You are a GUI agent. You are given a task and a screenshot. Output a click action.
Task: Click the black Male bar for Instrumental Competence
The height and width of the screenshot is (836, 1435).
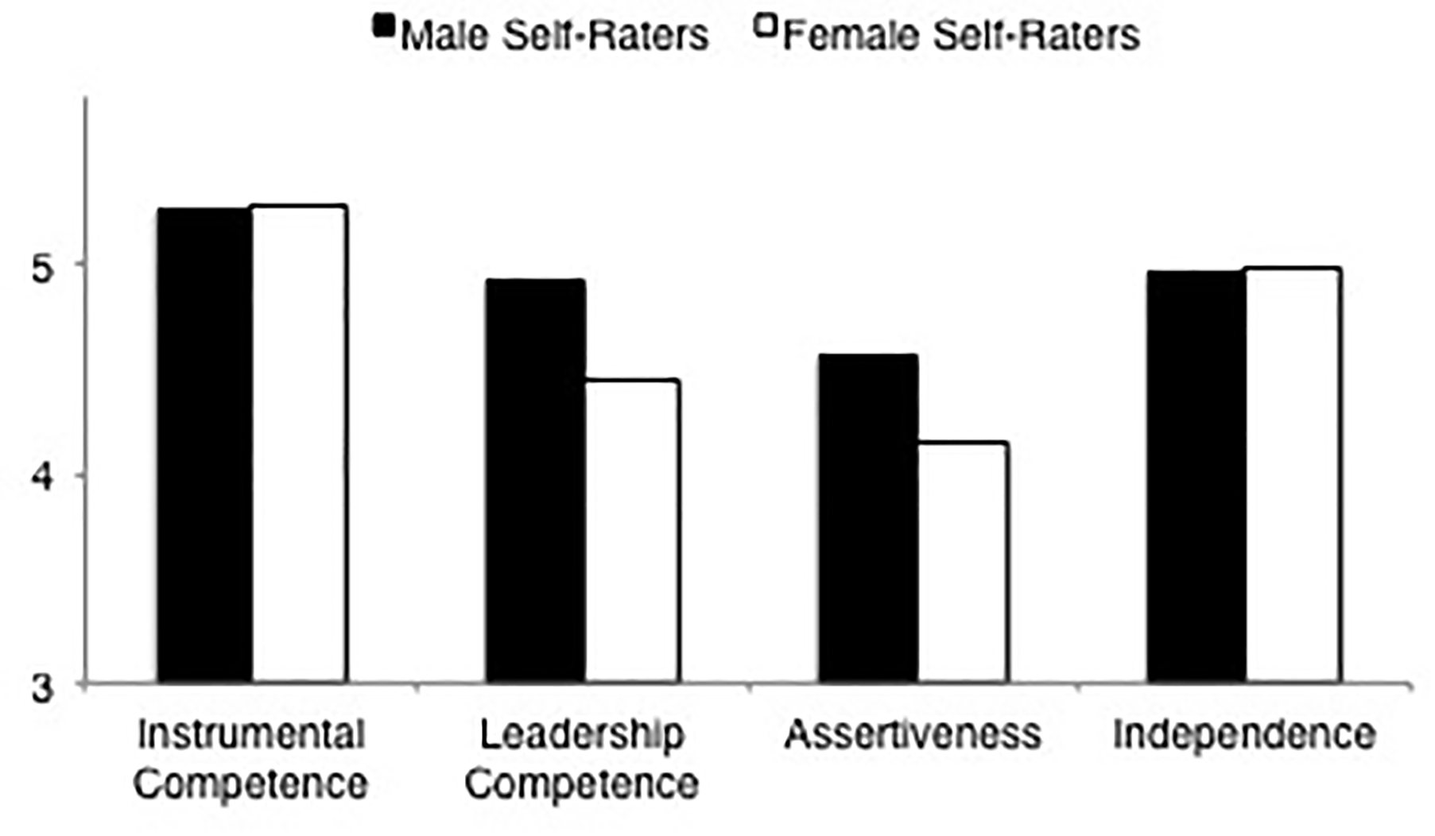tap(205, 445)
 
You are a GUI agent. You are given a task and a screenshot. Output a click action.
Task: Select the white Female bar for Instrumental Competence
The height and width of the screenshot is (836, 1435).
tap(300, 445)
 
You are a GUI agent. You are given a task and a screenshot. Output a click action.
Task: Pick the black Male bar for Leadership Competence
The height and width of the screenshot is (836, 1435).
tap(535, 481)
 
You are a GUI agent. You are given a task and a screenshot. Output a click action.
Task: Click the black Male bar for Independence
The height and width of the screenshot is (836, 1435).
tap(1196, 477)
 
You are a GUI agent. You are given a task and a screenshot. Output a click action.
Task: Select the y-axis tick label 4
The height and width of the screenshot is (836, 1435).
tap(42, 478)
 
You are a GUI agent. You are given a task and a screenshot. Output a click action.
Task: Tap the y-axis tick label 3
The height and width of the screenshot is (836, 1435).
tap(42, 688)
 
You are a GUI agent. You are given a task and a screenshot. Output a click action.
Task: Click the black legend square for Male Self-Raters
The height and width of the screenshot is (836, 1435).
tap(384, 28)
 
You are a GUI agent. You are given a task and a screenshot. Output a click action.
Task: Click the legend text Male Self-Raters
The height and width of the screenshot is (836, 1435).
tap(554, 36)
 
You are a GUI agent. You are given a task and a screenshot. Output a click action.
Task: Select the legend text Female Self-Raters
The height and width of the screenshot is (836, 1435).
tap(961, 36)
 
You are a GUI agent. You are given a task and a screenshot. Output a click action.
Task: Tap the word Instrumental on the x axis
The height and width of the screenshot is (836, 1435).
tap(251, 734)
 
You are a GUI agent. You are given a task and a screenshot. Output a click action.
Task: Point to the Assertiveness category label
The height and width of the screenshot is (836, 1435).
tap(913, 734)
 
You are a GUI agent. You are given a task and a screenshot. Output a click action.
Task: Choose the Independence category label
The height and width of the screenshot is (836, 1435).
tap(1243, 735)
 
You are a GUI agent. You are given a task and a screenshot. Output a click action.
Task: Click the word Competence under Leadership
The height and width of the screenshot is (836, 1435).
tap(582, 784)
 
